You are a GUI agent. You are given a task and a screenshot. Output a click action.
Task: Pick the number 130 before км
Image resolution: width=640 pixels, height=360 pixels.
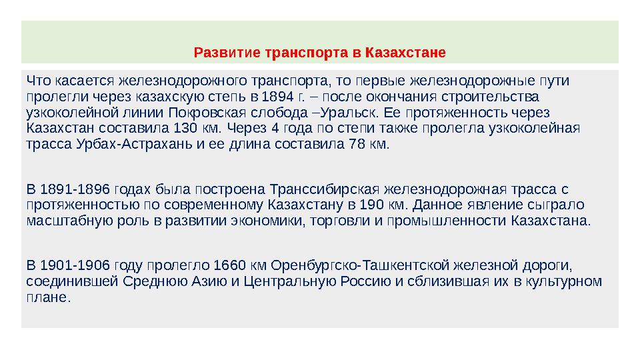(x=183, y=127)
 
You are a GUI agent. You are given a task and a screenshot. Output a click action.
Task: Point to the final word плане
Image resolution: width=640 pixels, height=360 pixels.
(x=47, y=297)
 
